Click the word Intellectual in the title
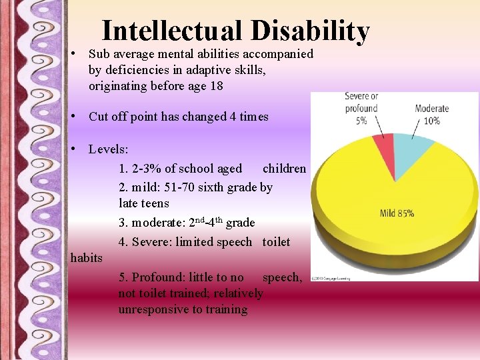[173, 31]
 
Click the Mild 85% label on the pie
[397, 213]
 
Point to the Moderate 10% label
[432, 114]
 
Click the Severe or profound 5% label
[361, 108]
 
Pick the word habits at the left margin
[87, 258]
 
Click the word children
[284, 169]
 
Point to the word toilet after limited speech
[276, 241]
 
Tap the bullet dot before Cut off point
[79, 117]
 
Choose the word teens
[155, 203]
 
